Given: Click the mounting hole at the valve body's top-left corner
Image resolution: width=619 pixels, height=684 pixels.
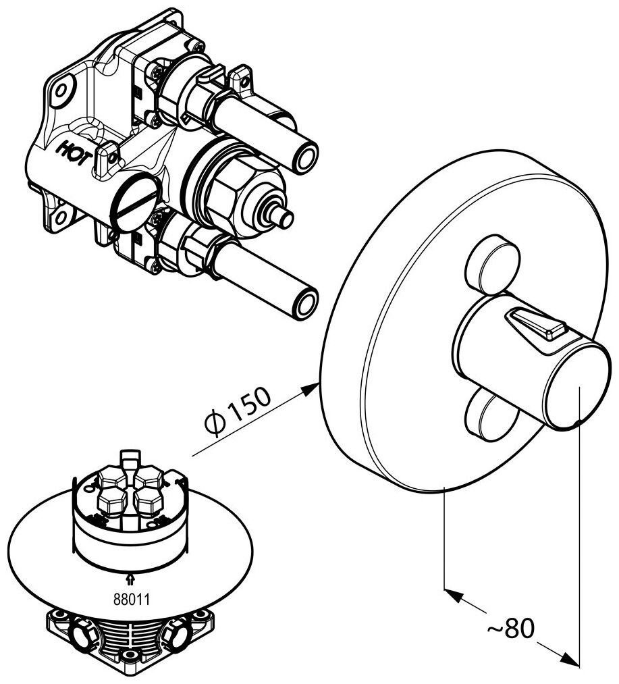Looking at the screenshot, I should point(62,90).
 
